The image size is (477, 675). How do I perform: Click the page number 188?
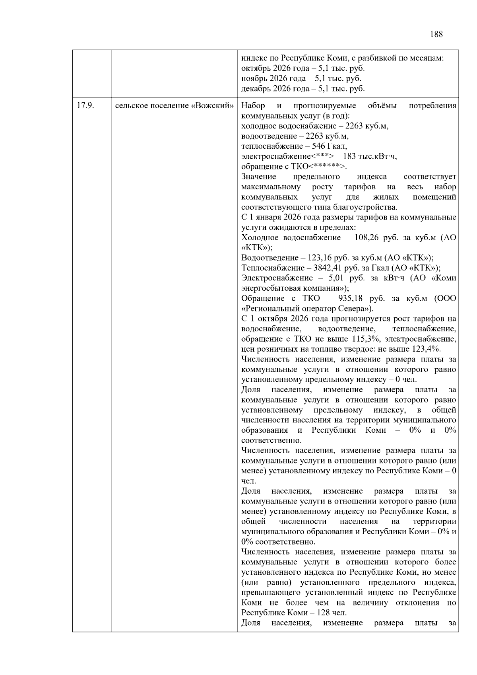[x=436, y=34]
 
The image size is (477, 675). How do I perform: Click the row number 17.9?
[x=85, y=106]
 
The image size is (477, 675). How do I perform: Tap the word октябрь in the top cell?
[x=254, y=68]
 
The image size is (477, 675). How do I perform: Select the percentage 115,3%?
[x=366, y=339]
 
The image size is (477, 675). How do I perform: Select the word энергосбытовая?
[x=268, y=288]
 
